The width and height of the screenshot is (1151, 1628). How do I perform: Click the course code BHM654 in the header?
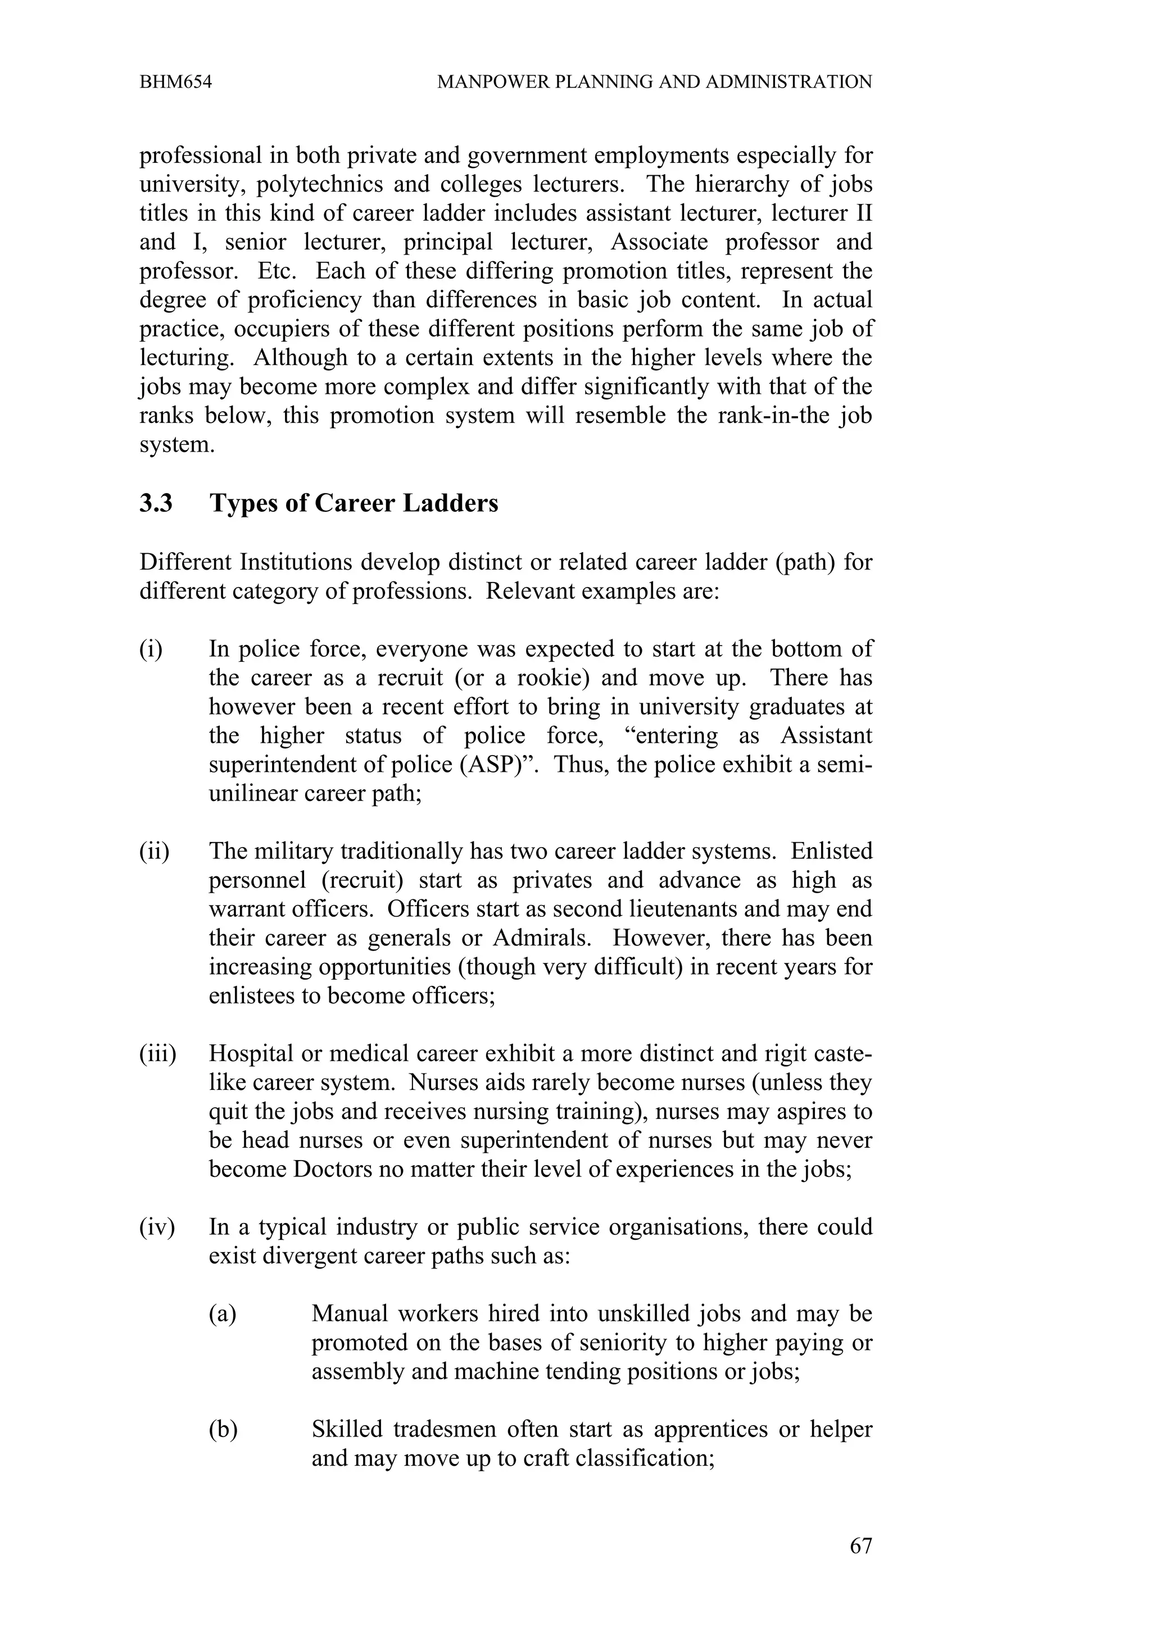[175, 82]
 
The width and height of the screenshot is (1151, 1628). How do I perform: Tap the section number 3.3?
[156, 503]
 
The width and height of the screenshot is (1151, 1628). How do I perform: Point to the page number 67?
[860, 1566]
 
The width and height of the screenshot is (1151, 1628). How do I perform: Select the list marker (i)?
[151, 649]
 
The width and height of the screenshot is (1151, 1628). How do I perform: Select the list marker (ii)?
[154, 851]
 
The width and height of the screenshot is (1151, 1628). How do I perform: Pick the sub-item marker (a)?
[222, 1314]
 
